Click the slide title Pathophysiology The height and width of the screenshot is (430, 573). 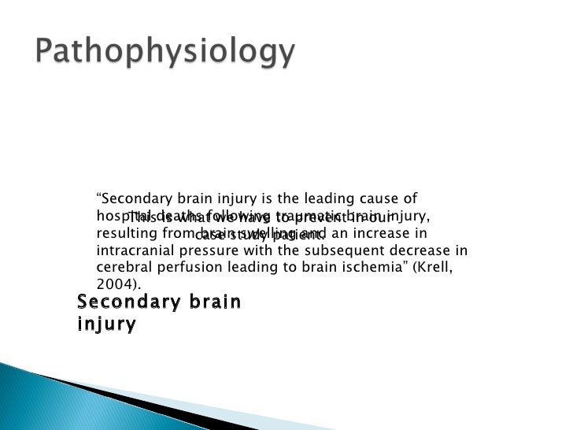166,54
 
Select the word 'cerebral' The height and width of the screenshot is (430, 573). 120,269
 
